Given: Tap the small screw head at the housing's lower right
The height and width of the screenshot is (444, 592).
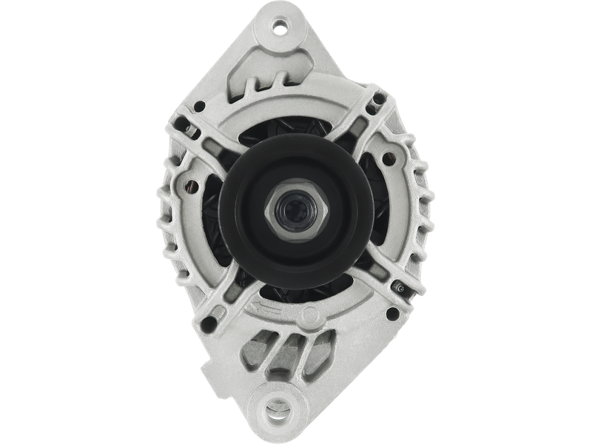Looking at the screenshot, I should [400, 284].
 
